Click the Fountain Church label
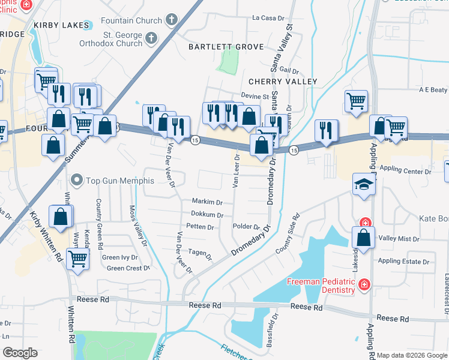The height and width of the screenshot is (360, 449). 131,20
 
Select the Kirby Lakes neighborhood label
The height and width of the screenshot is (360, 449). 62,25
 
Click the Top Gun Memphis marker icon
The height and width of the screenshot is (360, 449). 76,180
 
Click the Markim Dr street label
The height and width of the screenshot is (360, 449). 207,202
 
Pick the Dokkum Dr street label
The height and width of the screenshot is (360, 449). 207,215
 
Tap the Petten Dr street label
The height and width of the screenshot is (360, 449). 200,227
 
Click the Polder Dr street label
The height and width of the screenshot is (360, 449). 246,227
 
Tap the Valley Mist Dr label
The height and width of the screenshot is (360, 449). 399,239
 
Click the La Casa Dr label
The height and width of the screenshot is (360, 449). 268,19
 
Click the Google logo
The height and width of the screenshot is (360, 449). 20,353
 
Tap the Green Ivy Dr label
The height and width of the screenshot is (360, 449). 120,257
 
